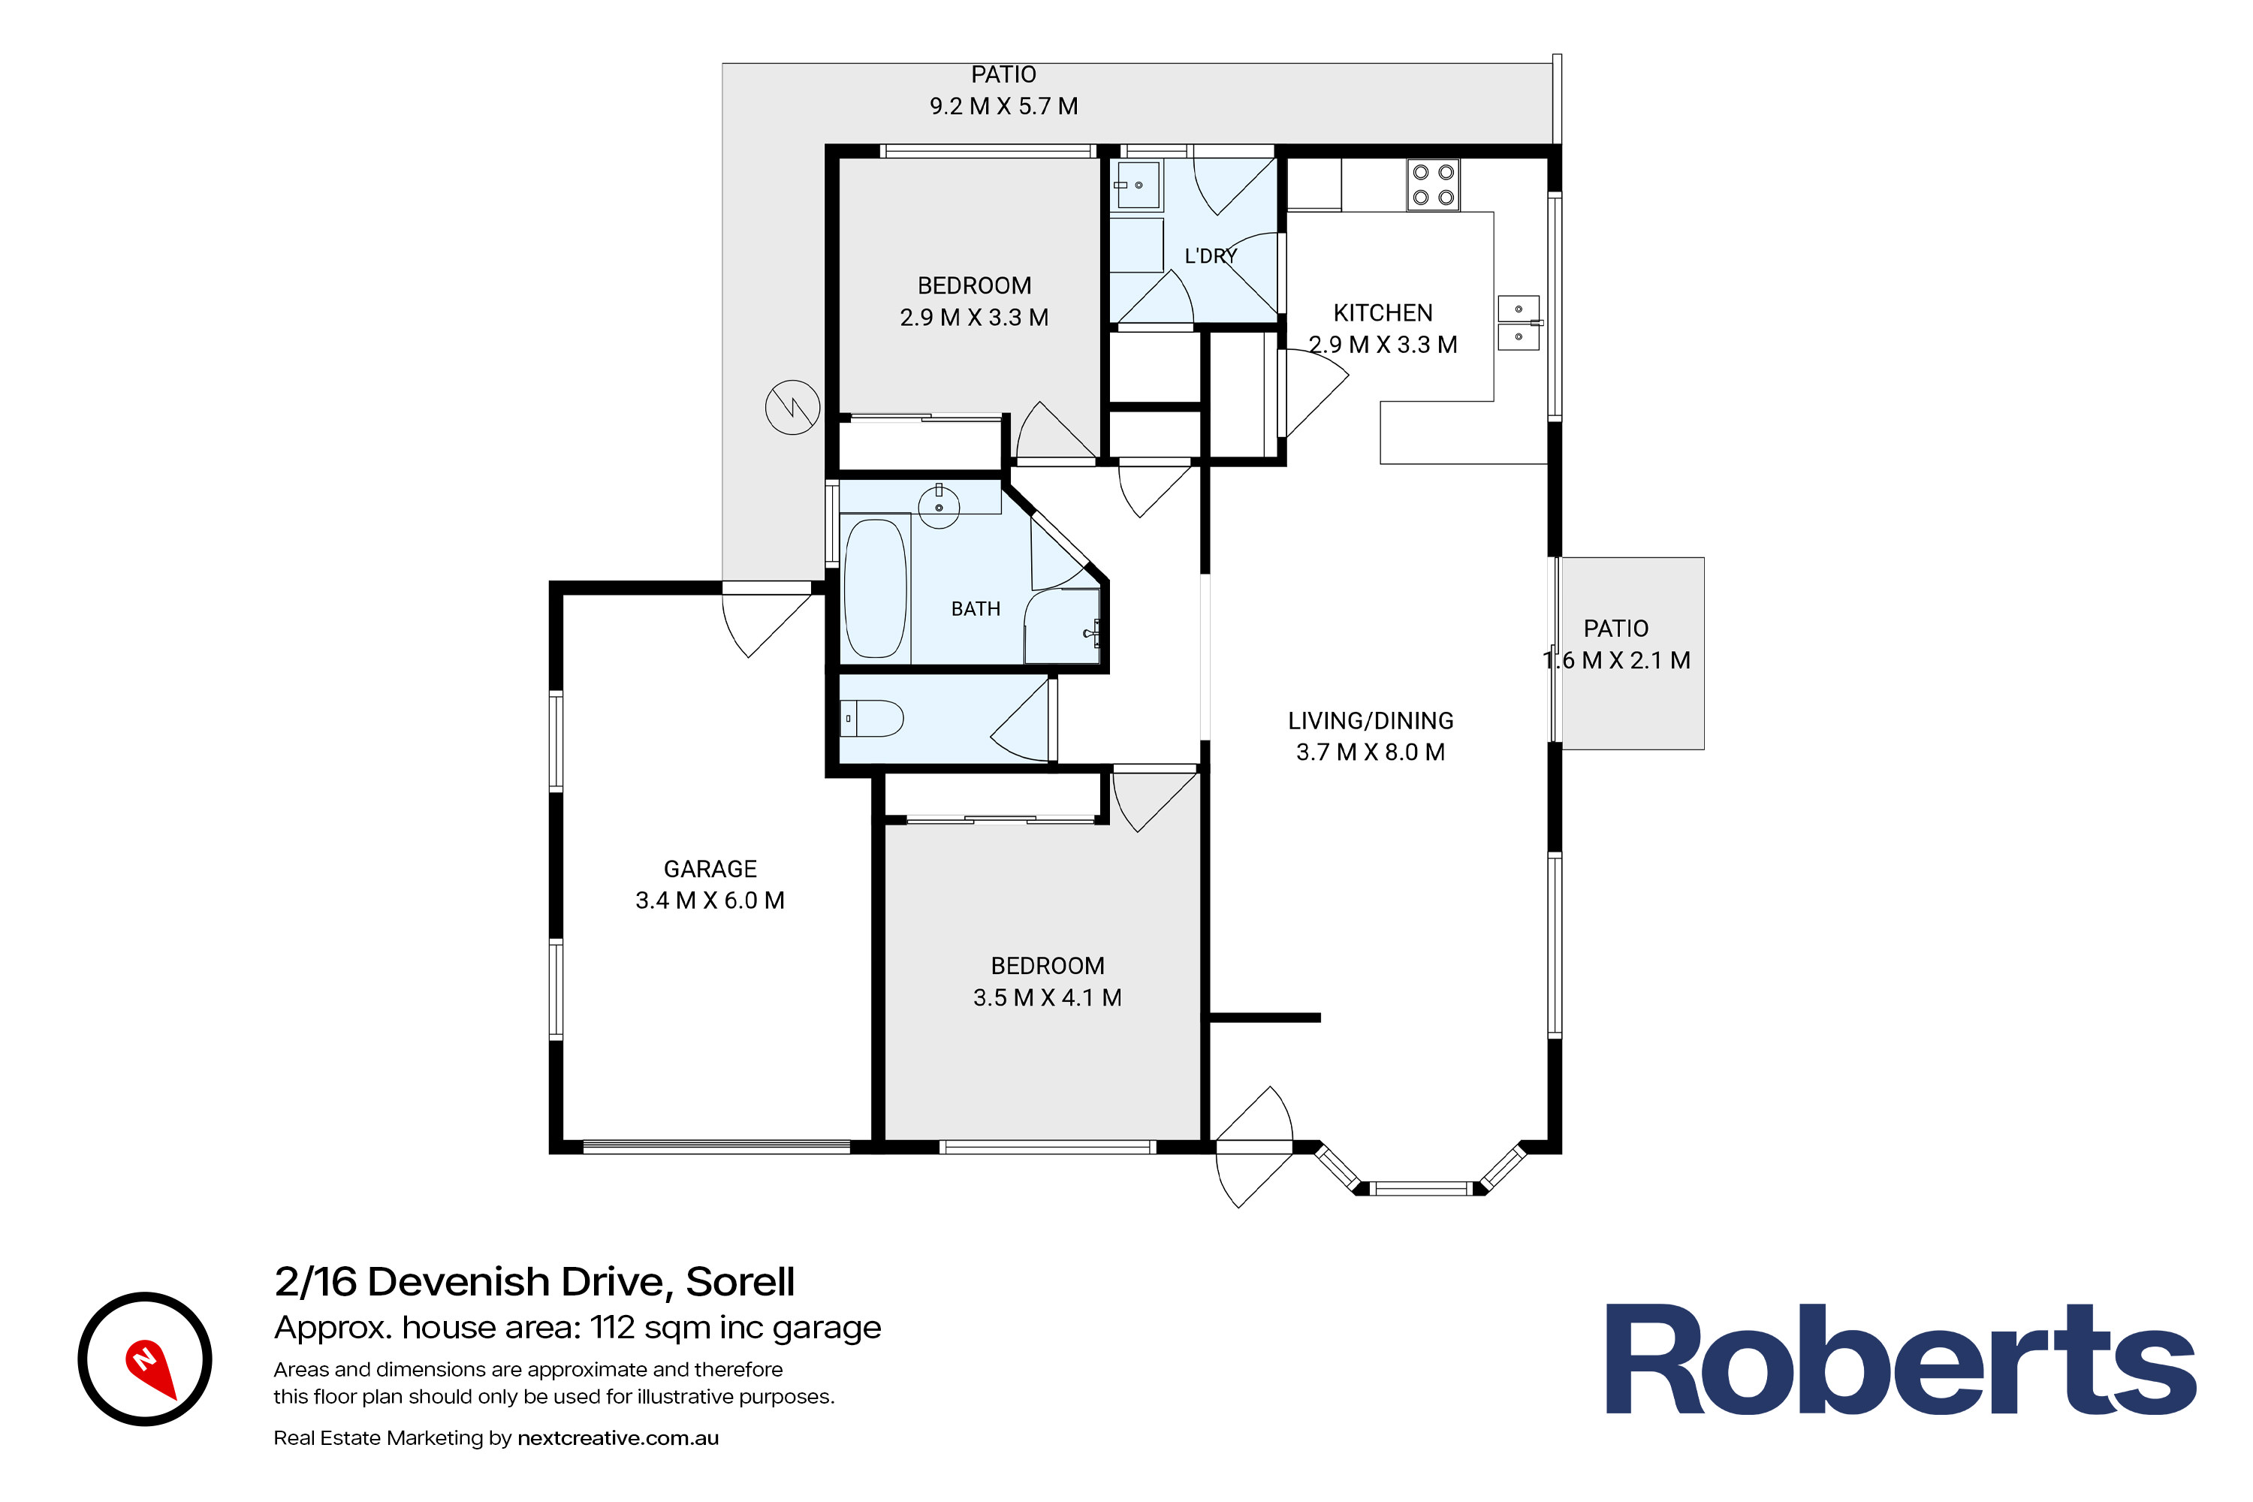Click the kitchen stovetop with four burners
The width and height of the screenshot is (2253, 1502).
click(x=1433, y=185)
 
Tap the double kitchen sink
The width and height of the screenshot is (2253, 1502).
click(x=1519, y=323)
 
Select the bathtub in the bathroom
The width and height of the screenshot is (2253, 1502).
click(x=876, y=588)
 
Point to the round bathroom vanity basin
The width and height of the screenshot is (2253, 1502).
click(x=939, y=507)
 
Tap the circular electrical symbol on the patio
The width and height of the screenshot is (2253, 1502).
click(x=792, y=407)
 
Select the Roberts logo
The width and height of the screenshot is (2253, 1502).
click(x=1901, y=1360)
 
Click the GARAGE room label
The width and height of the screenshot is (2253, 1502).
click(x=710, y=869)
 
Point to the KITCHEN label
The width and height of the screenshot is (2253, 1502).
click(x=1383, y=313)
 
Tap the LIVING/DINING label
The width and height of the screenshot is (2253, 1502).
click(x=1371, y=720)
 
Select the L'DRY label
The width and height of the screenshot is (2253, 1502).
click(x=1211, y=256)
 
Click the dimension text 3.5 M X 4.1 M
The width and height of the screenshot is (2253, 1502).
click(x=1047, y=997)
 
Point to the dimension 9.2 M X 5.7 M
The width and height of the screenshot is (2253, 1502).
click(x=1004, y=107)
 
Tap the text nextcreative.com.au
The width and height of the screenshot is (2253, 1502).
click(x=618, y=1438)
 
